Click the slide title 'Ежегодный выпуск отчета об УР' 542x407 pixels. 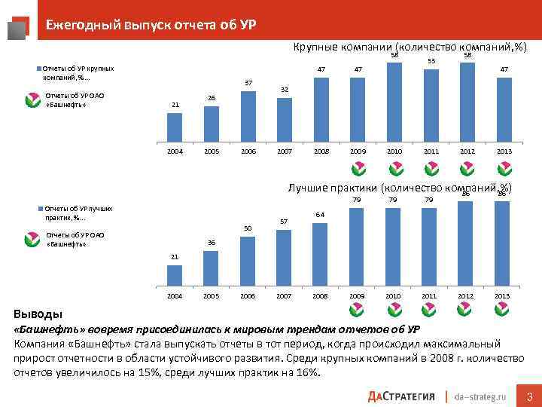(x=151, y=24)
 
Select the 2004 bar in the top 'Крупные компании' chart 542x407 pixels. (x=175, y=127)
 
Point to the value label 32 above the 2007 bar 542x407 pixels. (x=285, y=90)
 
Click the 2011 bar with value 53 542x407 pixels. (x=431, y=106)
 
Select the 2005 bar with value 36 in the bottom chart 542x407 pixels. (x=212, y=269)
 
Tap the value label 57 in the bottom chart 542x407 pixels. (x=285, y=221)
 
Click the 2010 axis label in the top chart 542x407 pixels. (x=394, y=151)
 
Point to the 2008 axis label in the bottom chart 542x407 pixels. (x=321, y=296)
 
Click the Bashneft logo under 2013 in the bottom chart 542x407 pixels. (x=504, y=309)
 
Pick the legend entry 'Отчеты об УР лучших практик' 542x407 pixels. (x=75, y=212)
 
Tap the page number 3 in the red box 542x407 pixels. (x=529, y=396)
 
